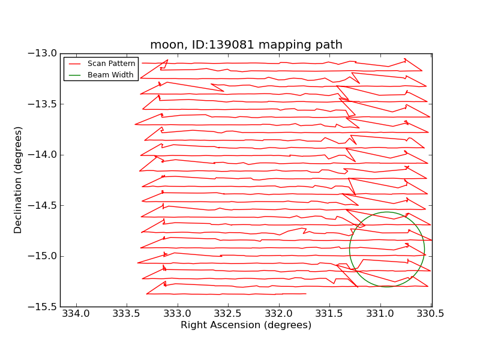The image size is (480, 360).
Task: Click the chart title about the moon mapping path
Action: pos(246,45)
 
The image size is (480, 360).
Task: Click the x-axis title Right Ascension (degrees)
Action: pos(246,325)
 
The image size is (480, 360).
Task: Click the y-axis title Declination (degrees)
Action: pos(19,180)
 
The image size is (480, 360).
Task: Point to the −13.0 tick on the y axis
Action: pos(42,53)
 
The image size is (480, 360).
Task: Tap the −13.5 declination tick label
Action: pos(42,104)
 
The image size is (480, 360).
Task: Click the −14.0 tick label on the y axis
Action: pos(42,155)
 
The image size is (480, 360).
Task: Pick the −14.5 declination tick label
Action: pos(42,205)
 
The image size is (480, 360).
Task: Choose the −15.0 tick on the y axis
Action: pos(42,256)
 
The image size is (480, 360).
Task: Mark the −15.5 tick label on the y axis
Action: pos(42,307)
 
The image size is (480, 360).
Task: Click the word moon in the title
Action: pos(163,45)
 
